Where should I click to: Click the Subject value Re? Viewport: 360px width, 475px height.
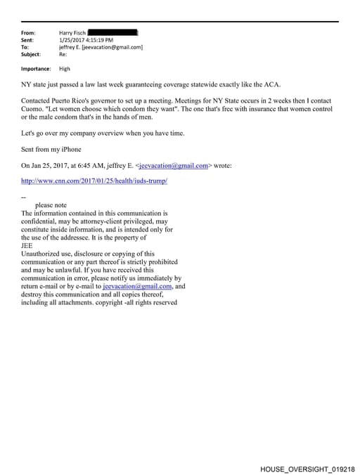[63, 54]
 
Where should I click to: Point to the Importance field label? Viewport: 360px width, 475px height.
[35, 69]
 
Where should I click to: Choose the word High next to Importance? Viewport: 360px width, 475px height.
[65, 69]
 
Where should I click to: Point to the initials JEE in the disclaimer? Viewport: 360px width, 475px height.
[27, 246]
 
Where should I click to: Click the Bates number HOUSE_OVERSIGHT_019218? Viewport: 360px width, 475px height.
[307, 468]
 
